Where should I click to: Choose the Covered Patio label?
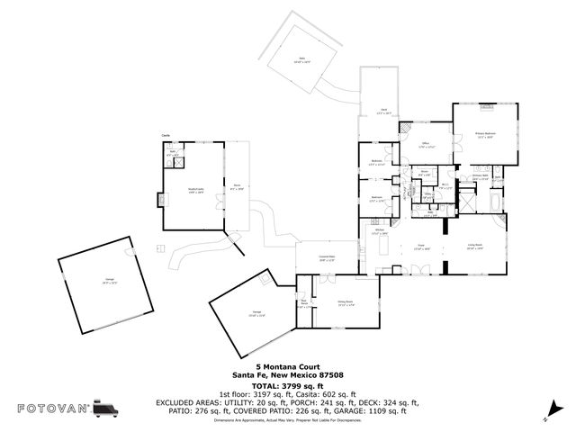(314, 258)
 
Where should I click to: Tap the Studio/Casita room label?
(195, 190)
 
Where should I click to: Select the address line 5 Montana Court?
(287, 367)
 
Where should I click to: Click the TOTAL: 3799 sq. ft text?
(287, 385)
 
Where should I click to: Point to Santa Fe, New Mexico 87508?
(287, 375)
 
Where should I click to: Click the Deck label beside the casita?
(236, 187)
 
